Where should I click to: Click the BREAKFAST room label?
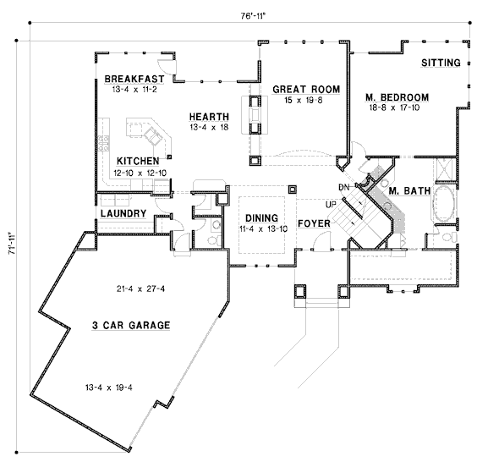click(x=134, y=79)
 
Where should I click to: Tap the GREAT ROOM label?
click(x=306, y=90)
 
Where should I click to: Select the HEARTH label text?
click(x=209, y=117)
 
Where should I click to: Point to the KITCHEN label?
click(x=138, y=161)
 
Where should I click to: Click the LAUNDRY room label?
click(x=123, y=213)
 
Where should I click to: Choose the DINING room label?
click(x=261, y=218)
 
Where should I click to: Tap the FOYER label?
click(x=314, y=223)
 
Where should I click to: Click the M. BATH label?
click(x=410, y=191)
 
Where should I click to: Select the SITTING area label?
click(x=441, y=63)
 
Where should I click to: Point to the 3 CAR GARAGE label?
click(x=131, y=326)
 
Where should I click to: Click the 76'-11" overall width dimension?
click(x=254, y=16)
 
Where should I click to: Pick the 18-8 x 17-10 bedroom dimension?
click(x=394, y=107)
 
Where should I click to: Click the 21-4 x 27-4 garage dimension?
click(x=140, y=289)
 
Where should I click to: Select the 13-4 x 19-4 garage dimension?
click(x=109, y=388)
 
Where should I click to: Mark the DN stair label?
click(x=344, y=188)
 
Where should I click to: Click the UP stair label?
click(x=331, y=205)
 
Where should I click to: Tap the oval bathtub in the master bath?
click(x=445, y=203)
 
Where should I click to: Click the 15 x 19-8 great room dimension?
click(x=304, y=100)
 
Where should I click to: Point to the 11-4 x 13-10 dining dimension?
click(x=263, y=228)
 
